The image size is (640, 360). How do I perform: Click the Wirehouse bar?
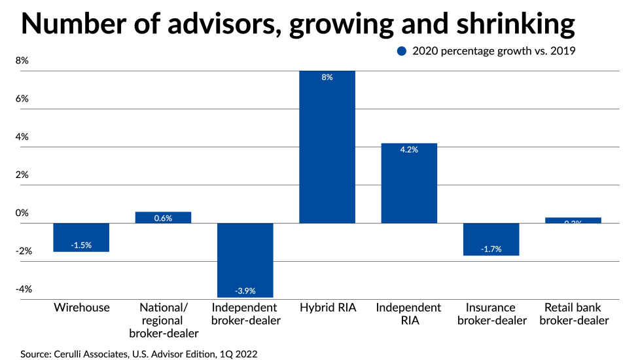81,237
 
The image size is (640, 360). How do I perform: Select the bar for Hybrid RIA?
327,147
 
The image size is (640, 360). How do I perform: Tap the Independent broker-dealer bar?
245,260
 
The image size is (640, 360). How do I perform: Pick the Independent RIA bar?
409,183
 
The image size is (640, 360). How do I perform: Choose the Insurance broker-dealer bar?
491,239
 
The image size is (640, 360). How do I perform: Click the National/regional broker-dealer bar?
163,217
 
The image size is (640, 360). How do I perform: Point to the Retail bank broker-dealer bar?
573,220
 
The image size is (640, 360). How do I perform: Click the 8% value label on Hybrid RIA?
327,77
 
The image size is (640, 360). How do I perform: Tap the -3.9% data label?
245,290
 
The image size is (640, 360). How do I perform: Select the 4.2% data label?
409,149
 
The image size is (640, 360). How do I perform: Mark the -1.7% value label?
491,248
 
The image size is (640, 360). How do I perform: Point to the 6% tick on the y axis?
22,99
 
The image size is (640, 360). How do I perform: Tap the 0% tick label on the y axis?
22,213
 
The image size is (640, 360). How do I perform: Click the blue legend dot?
402,51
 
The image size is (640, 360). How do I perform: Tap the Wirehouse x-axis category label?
81,308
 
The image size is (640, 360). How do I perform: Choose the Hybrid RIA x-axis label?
327,308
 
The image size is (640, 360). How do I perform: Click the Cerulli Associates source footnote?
138,353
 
